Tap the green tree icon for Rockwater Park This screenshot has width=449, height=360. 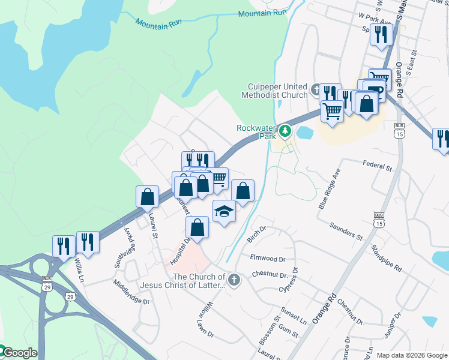pyautogui.click(x=286, y=130)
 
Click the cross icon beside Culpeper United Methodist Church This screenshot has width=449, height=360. pyautogui.click(x=316, y=91)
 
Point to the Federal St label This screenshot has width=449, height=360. pyautogui.click(x=377, y=163)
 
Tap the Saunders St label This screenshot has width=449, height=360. pyautogui.click(x=346, y=231)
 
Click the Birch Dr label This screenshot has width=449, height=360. pyautogui.click(x=256, y=235)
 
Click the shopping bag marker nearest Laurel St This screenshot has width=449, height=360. pyautogui.click(x=148, y=197)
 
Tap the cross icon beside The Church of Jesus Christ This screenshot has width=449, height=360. pyautogui.click(x=234, y=280)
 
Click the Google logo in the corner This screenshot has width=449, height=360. pyautogui.click(x=19, y=353)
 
